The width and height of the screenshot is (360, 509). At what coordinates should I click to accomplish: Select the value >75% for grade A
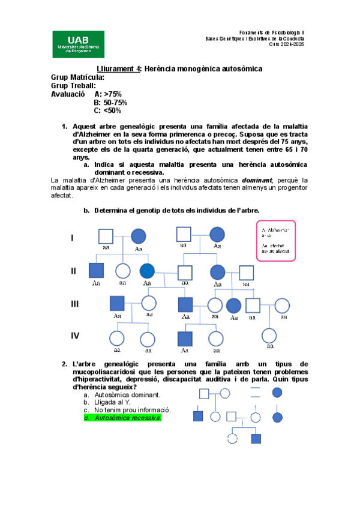113,94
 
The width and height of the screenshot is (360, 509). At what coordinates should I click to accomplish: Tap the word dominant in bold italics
256,179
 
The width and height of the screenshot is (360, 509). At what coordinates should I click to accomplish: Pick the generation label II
74,271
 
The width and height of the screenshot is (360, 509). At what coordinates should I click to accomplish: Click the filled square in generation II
97,271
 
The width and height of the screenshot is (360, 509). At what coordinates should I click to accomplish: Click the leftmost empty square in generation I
106,236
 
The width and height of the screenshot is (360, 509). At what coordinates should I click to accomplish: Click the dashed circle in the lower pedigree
233,438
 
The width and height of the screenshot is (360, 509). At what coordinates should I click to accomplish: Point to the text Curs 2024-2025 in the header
286,44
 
